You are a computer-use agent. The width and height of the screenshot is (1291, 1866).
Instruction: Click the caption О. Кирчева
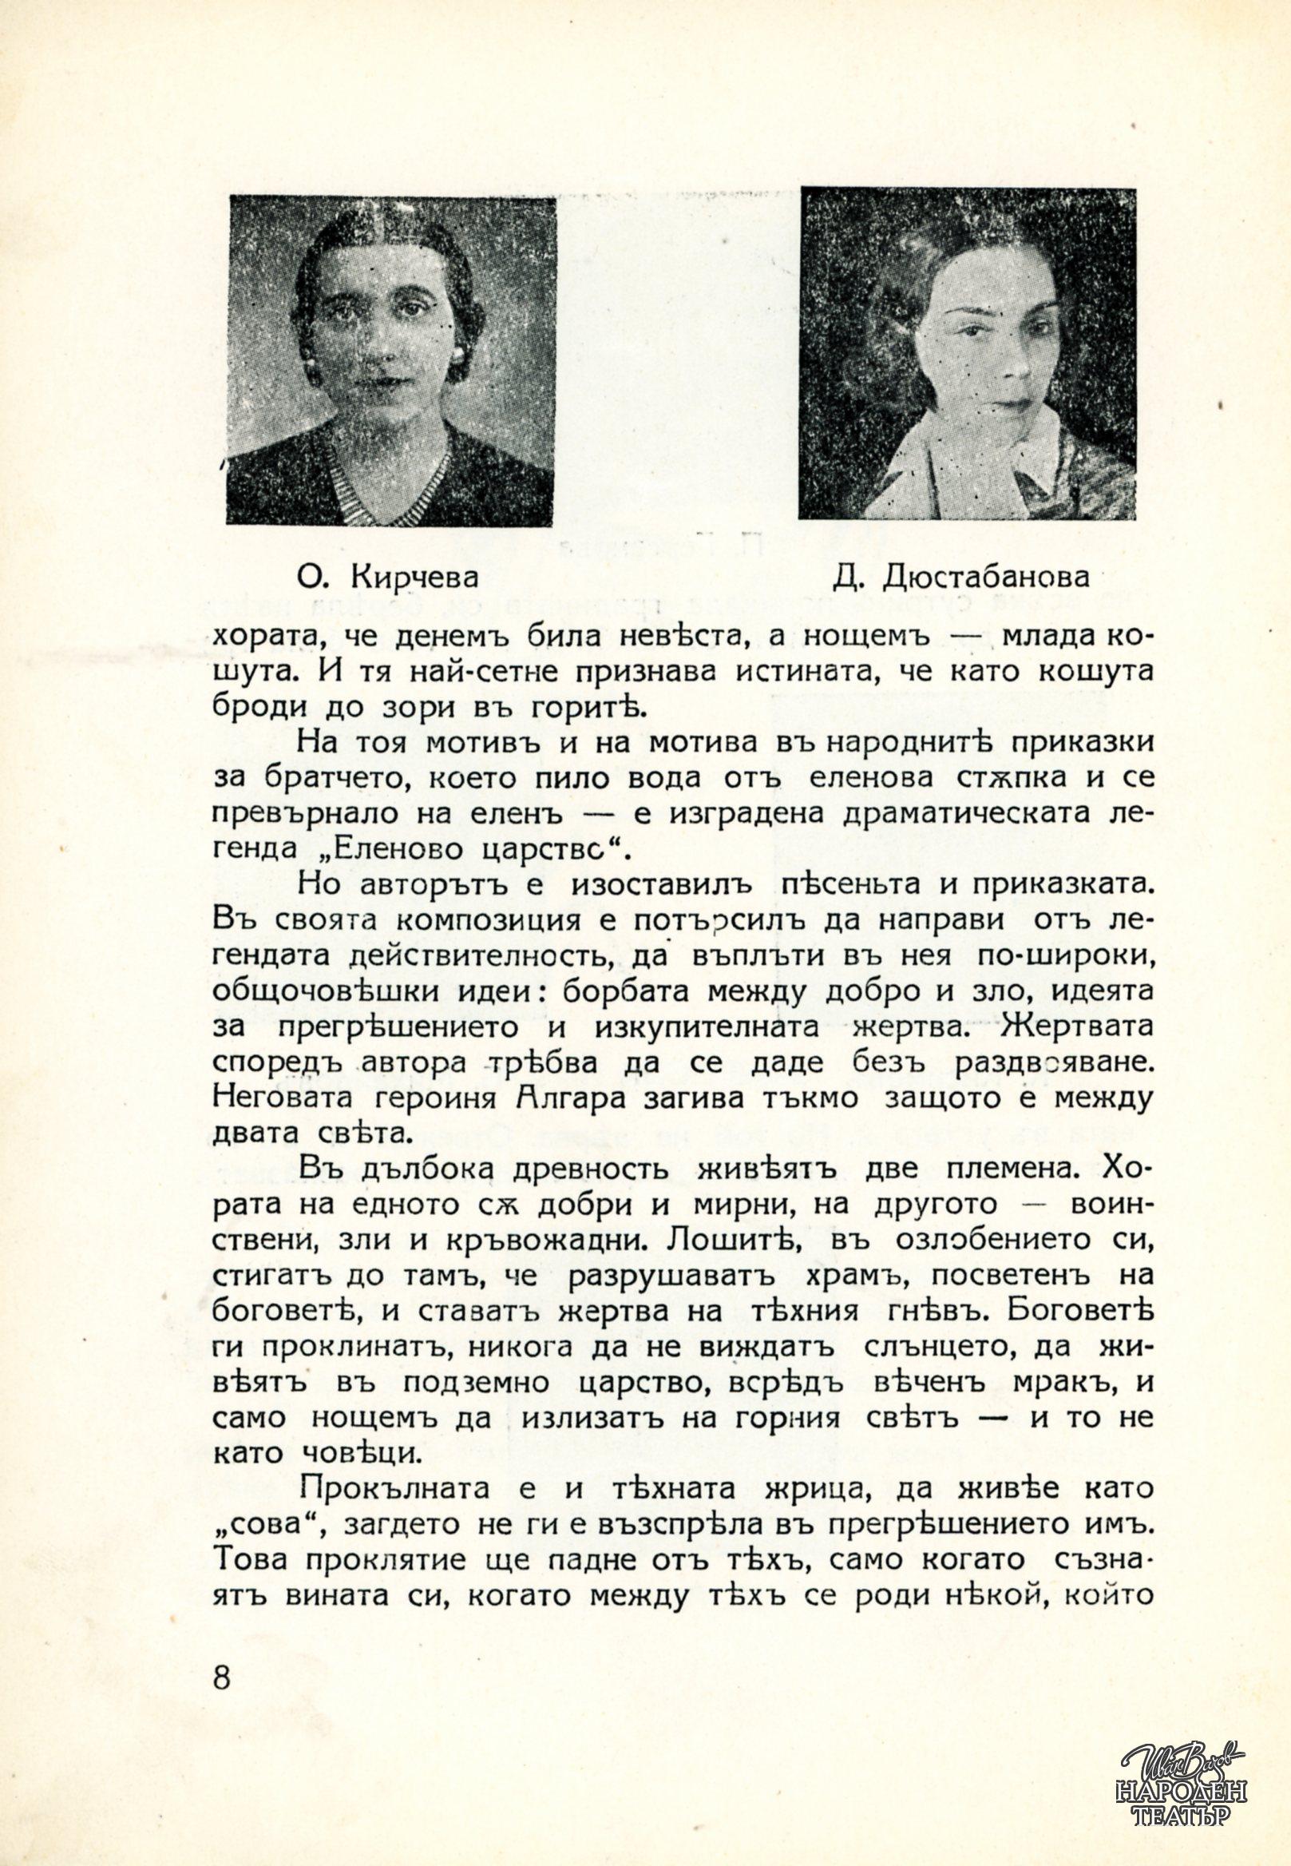point(387,578)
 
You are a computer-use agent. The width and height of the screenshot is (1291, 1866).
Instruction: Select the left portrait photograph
point(391,361)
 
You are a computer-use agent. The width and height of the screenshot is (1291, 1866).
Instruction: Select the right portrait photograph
point(968,353)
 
